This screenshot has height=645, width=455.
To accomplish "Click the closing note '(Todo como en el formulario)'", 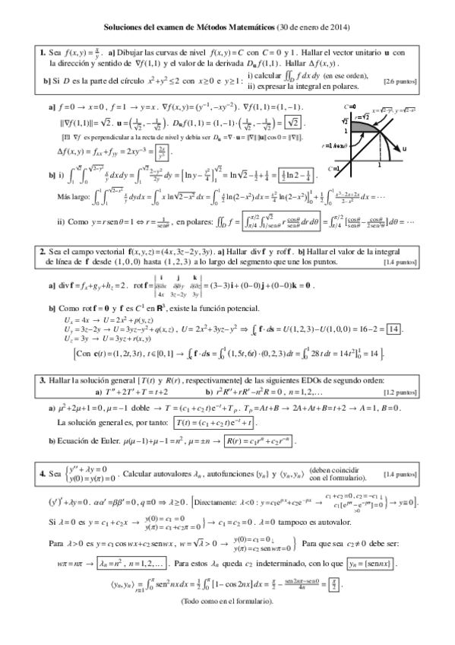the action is (x=227, y=602).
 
